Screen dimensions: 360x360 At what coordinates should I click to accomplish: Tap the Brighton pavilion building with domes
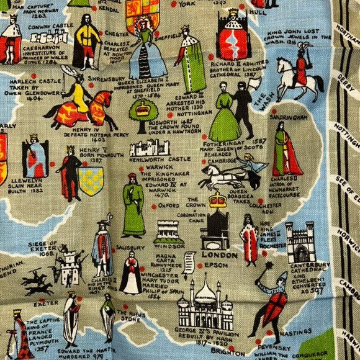click(x=205, y=305)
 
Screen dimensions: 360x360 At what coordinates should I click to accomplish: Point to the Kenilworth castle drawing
click(x=149, y=147)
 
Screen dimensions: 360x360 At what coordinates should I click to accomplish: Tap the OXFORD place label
click(x=169, y=205)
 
